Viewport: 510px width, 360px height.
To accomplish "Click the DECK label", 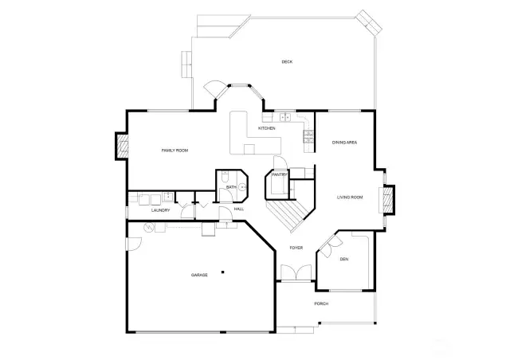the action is click(287, 62).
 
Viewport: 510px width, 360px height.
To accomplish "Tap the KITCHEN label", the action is click(267, 128).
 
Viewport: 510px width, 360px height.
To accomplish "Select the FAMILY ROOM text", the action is click(175, 151).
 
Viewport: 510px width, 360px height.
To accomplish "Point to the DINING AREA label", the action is click(344, 143).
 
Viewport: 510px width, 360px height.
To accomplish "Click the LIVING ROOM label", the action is click(350, 198).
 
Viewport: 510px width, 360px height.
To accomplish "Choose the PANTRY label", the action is click(280, 175).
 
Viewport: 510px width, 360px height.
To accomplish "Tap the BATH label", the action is click(231, 187).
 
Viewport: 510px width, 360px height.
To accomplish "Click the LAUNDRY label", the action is click(161, 210).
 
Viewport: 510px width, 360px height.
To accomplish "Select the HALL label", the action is click(239, 209).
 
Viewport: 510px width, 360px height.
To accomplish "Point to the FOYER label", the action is click(296, 248).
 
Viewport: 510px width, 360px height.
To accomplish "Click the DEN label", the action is click(344, 259).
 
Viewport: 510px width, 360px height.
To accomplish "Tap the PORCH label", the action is click(321, 303).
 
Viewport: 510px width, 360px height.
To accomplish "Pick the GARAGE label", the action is click(199, 275).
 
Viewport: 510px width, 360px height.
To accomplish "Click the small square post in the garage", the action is click(223, 272).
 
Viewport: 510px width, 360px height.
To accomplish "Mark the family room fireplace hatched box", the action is click(123, 146).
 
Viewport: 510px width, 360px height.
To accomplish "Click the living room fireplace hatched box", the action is click(388, 199).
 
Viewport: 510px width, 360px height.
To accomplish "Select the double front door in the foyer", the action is click(296, 272).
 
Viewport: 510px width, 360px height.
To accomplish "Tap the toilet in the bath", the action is click(225, 177).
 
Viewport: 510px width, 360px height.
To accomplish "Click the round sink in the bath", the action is click(242, 187).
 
